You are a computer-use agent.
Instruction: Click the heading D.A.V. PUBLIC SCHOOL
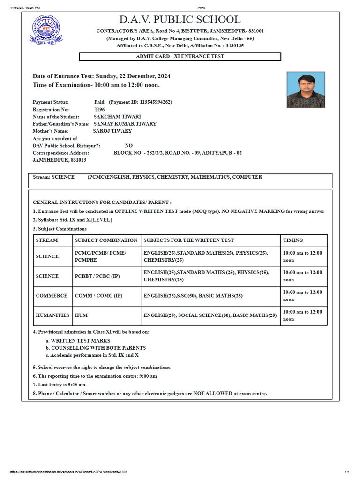[x=180, y=20]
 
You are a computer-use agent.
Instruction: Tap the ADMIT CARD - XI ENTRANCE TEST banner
[x=180, y=57]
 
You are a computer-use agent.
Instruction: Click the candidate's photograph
[x=306, y=90]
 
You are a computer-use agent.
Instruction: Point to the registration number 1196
[x=100, y=109]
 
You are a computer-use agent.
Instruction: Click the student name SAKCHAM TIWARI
[x=117, y=116]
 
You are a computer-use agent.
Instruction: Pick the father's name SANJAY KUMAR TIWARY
[x=125, y=124]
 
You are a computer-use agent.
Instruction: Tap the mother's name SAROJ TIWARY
[x=112, y=131]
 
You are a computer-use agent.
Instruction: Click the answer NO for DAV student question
[x=129, y=146]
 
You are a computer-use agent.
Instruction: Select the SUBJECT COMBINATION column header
[x=106, y=240]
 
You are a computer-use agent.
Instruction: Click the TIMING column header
[x=293, y=240]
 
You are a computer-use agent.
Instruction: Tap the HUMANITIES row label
[x=52, y=315]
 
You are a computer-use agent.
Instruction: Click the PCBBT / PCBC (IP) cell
[x=97, y=276]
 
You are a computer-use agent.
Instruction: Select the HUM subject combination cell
[x=81, y=315]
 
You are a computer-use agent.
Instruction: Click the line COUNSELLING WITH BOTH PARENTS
[x=98, y=348]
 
